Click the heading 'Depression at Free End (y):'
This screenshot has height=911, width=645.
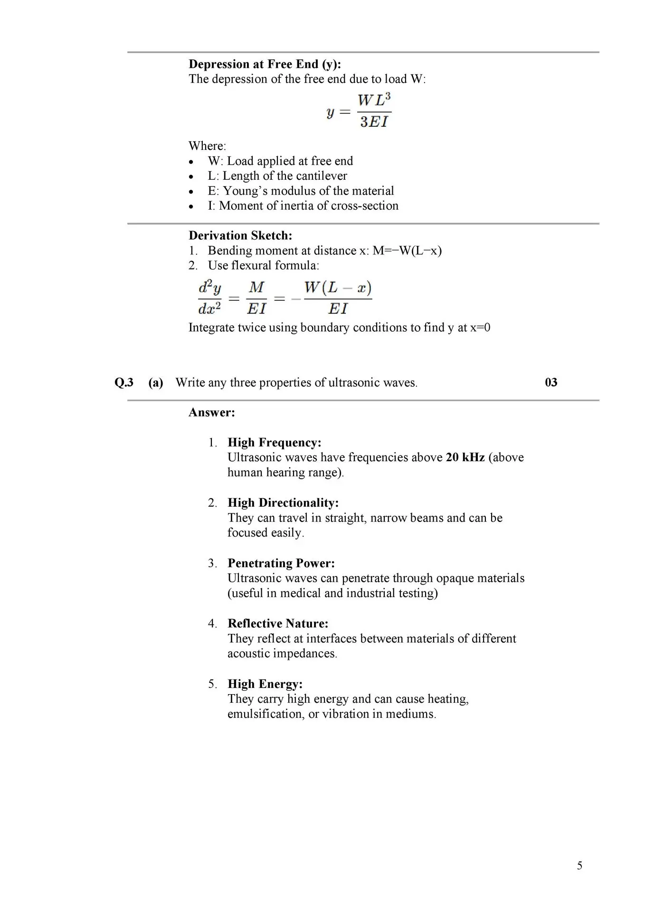265,64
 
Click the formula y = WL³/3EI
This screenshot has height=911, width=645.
359,111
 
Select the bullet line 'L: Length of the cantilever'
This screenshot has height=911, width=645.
277,176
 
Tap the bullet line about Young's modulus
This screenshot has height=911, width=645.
301,191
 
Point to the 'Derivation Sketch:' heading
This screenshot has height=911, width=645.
240,235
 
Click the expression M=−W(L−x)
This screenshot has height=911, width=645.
407,251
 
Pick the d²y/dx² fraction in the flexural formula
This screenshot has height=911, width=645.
209,298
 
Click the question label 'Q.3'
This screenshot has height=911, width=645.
124,382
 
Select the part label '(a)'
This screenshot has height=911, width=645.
156,382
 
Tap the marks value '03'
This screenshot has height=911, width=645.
551,382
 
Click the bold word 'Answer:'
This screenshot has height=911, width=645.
212,412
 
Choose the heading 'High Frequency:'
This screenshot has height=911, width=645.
275,442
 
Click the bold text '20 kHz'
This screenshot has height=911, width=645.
465,457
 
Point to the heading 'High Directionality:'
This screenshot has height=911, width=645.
283,503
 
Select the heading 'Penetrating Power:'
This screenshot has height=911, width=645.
281,563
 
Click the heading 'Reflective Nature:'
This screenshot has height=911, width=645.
278,623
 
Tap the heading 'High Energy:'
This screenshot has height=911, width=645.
265,684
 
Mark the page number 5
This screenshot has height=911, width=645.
579,866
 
